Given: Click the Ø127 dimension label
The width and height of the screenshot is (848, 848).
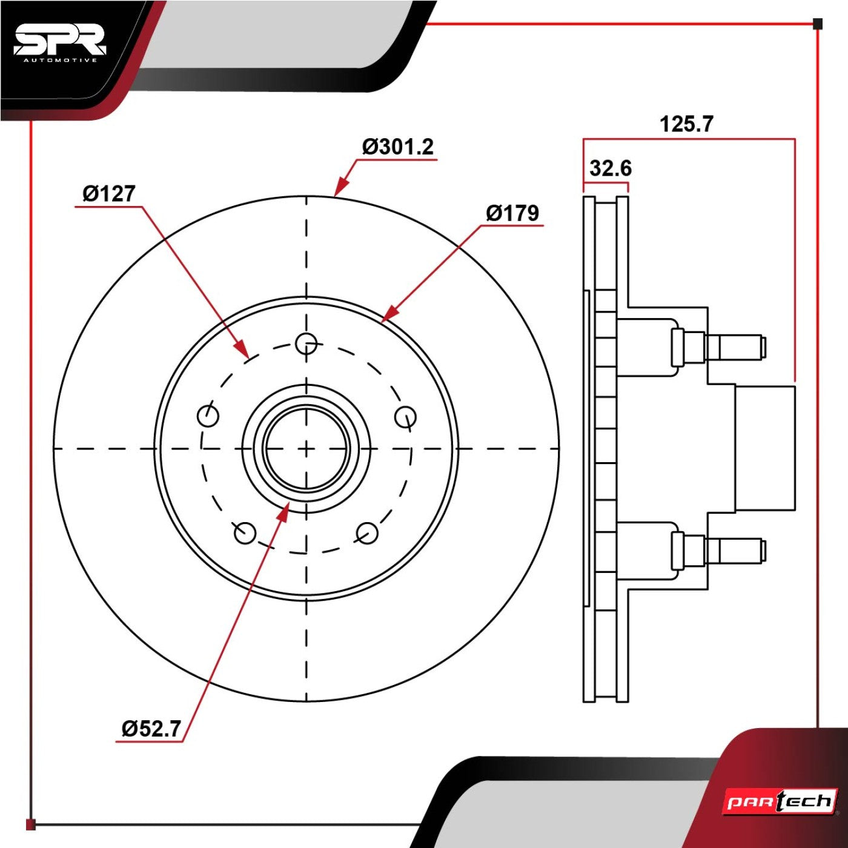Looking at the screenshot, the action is [109, 194].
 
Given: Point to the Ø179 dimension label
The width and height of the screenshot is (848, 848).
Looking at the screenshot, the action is [512, 213].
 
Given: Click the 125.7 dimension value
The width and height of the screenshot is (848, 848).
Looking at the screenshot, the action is [686, 124].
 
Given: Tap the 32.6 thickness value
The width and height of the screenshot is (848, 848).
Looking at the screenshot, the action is [611, 168].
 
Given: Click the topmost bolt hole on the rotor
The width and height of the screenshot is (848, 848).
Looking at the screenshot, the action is [306, 343].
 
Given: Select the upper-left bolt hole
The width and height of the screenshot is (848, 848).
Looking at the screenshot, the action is [208, 416].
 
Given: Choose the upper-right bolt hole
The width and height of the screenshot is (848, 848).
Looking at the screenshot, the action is [405, 416].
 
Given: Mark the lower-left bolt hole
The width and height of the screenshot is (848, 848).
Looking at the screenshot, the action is [245, 533].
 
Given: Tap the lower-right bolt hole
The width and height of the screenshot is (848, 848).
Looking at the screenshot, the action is [367, 533].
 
